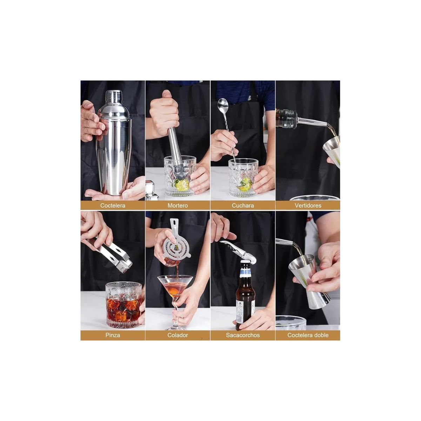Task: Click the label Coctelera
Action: coord(113,206)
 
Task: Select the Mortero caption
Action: coord(178,206)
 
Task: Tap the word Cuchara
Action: coord(243,206)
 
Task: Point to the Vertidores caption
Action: coord(308,206)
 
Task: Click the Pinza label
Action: coord(113,335)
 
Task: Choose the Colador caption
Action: coord(178,335)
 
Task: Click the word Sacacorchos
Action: coord(243,335)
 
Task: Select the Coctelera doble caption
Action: coord(308,335)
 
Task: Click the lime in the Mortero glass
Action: coord(182,185)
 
